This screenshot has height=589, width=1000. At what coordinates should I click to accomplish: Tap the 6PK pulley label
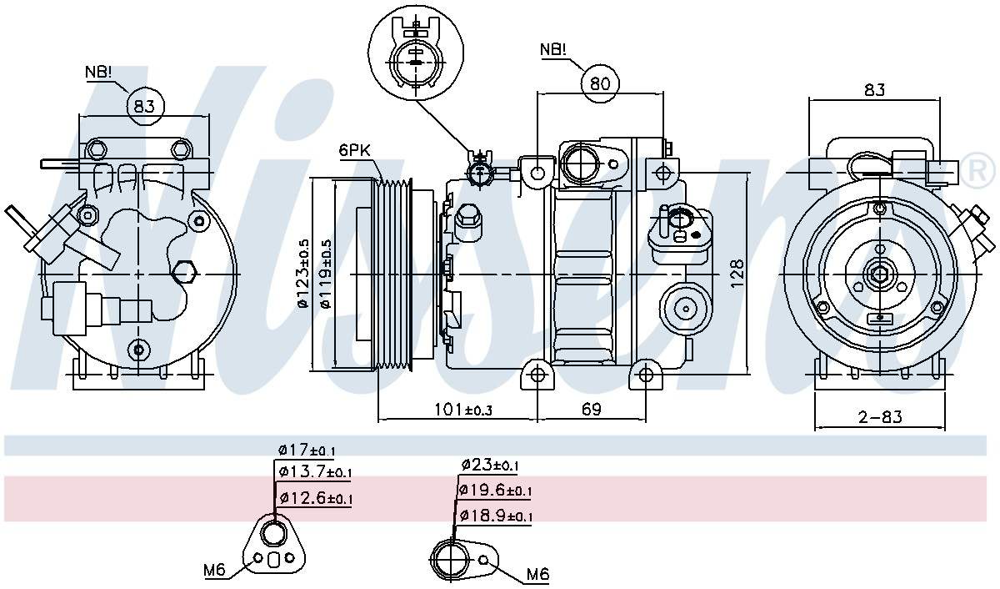[354, 151]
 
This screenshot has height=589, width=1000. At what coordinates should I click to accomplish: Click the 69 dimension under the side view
[591, 410]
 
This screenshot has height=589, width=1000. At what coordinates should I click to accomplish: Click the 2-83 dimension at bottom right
[880, 416]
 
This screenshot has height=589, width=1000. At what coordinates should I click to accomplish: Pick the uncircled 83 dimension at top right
[874, 89]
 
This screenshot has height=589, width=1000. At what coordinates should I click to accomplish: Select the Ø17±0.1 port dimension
[307, 451]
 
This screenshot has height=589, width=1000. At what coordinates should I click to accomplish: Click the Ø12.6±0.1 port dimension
[316, 499]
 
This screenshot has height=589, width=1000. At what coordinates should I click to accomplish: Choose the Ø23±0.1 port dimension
[490, 466]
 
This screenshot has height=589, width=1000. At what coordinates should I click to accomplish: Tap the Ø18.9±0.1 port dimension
[495, 516]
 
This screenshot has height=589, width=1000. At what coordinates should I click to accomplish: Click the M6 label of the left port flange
[215, 571]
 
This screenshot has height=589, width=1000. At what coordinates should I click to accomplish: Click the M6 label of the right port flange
[537, 575]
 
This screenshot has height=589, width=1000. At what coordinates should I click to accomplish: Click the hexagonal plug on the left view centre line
[182, 273]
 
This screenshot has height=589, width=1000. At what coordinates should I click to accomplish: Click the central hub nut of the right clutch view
[878, 274]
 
